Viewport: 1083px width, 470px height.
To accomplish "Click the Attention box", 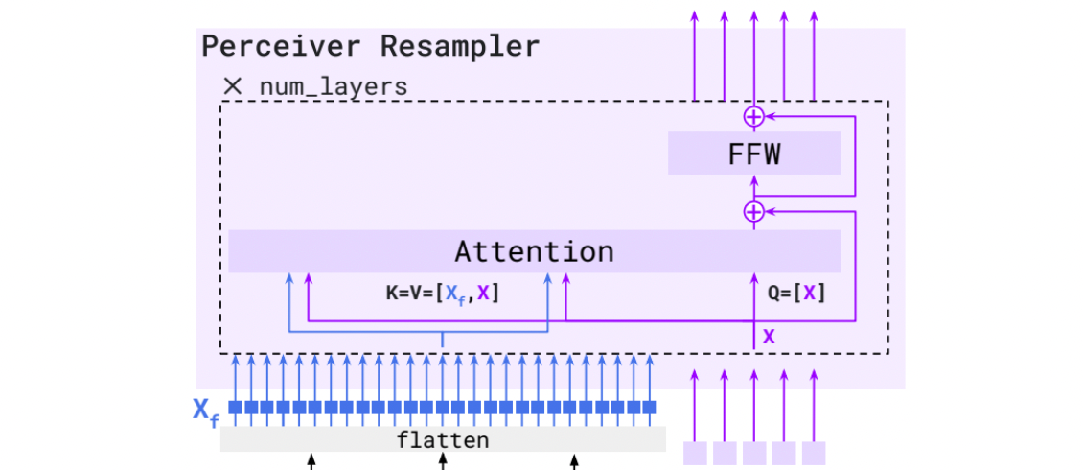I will [534, 251].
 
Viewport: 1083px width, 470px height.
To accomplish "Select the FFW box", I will [753, 153].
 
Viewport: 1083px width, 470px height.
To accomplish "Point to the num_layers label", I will [333, 86].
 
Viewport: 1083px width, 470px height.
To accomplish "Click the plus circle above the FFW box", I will [754, 116].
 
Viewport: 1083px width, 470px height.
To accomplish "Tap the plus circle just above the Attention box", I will [754, 211].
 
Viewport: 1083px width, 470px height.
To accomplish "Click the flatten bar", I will [443, 440].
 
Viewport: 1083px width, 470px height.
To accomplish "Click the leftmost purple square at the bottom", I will [694, 453].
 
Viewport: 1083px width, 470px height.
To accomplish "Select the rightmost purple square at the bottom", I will [814, 453].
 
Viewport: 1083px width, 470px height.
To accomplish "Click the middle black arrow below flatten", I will [442, 462].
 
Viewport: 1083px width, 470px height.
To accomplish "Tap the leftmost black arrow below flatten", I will [311, 462].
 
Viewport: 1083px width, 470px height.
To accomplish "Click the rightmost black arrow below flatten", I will [574, 462].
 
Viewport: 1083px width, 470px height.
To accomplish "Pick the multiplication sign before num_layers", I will [233, 86].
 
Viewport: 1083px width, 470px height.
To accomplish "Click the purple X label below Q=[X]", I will [769, 337].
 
